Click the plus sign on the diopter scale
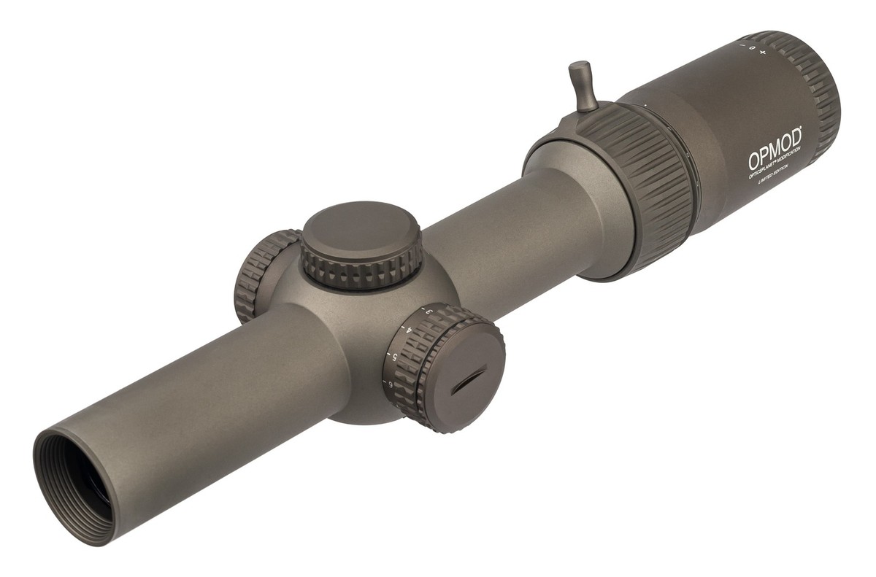coord(763,53)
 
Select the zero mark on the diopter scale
coord(751,48)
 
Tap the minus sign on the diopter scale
coord(741,44)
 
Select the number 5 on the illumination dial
coord(395,356)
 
